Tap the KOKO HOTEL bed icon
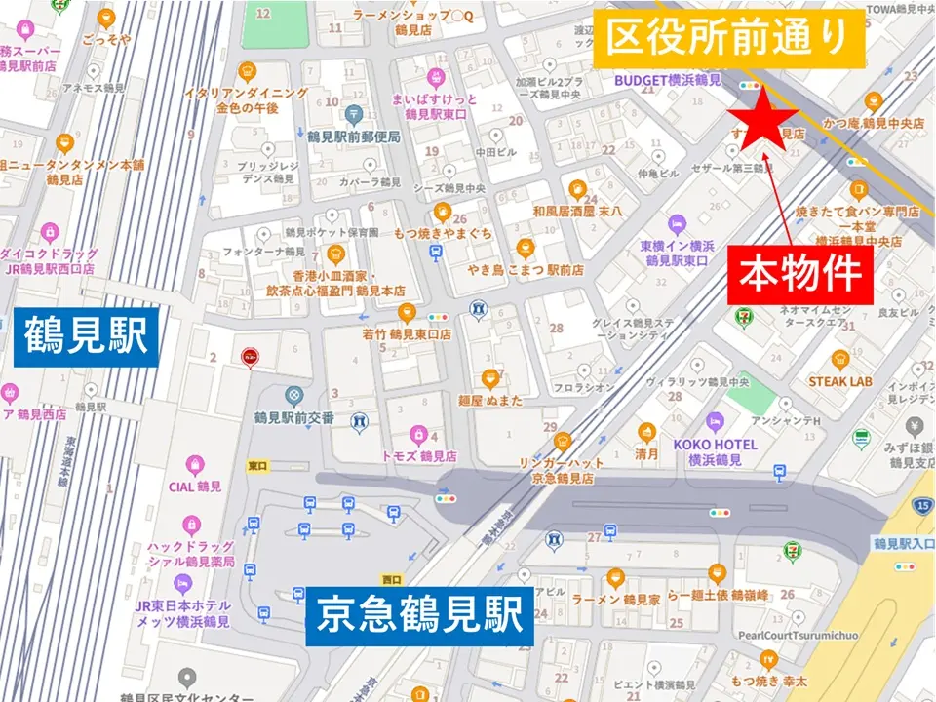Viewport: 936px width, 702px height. click(x=715, y=422)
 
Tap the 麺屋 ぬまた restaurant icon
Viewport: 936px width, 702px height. click(x=490, y=378)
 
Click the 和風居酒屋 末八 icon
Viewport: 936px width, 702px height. click(x=577, y=189)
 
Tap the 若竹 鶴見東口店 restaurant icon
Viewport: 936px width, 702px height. click(x=408, y=313)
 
